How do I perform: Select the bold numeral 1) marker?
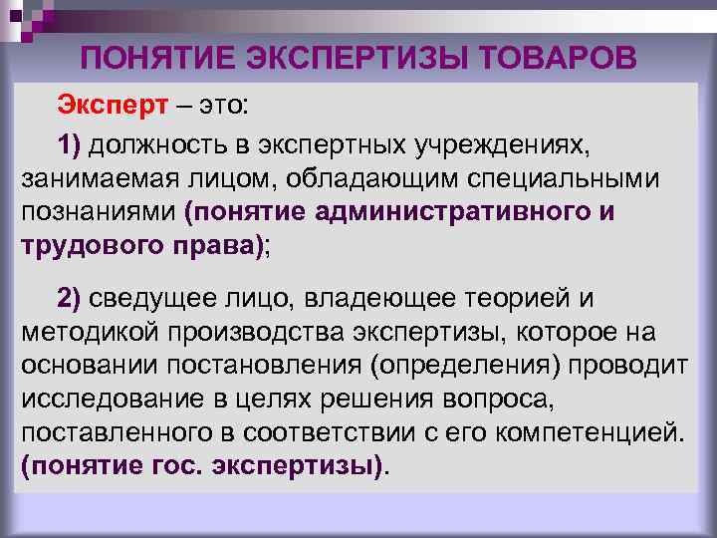73,145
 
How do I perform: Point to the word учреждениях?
507,145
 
